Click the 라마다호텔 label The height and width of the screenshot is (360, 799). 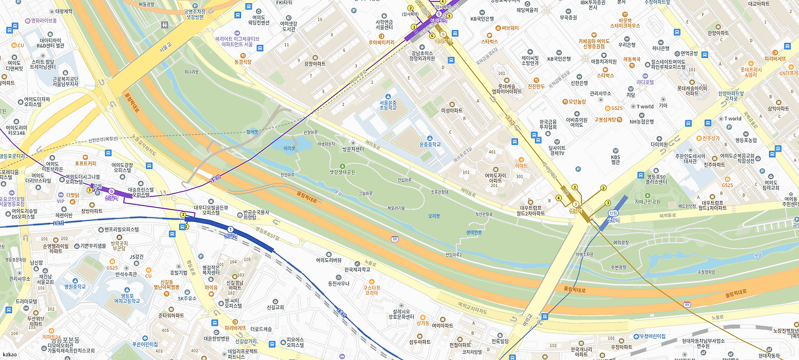[x=645, y=82]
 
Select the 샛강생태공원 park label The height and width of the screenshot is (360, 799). [x=342, y=172]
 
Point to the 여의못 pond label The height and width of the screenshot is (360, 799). [x=289, y=148]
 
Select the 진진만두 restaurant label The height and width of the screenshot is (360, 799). [x=537, y=86]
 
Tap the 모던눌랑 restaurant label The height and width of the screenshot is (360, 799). [x=577, y=101]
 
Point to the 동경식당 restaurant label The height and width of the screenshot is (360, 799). [x=243, y=62]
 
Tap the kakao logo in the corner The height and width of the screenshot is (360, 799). [x=9, y=354]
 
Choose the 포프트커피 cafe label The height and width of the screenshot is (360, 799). [x=86, y=163]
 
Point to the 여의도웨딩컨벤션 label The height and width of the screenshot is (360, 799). [x=258, y=20]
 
